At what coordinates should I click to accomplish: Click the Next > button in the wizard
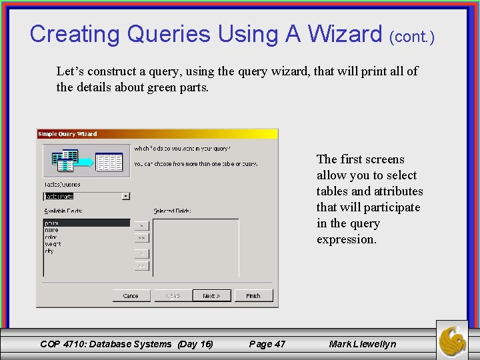(211, 295)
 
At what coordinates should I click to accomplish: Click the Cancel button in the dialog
(131, 295)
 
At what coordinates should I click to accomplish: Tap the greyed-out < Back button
(172, 295)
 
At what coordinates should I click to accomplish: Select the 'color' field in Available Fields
(51, 237)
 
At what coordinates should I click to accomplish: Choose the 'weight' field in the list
(53, 244)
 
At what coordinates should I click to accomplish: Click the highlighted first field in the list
(85, 223)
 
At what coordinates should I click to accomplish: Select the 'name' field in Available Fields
(51, 230)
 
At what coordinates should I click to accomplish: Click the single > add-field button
(141, 225)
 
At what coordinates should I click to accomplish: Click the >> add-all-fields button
(141, 237)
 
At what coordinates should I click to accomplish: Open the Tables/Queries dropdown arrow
(126, 196)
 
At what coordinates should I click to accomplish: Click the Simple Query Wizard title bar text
(67, 134)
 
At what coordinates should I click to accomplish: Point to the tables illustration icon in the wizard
(83, 161)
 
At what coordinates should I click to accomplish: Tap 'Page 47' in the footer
(267, 344)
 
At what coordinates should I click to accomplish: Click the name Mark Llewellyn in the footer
(362, 344)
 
